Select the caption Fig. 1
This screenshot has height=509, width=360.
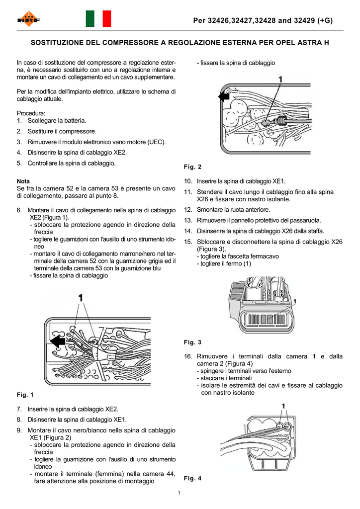pyautogui.click(x=25, y=395)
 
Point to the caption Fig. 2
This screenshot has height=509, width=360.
pyautogui.click(x=192, y=167)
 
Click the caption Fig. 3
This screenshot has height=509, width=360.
pyautogui.click(x=192, y=342)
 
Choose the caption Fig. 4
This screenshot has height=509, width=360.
pyautogui.click(x=192, y=478)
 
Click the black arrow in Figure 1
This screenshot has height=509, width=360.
pyautogui.click(x=58, y=340)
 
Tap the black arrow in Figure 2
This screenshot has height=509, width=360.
pyautogui.click(x=224, y=97)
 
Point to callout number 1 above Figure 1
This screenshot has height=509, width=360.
pyautogui.click(x=81, y=298)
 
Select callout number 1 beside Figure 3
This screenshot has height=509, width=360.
pyautogui.click(x=295, y=301)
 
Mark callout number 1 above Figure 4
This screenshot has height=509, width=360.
pyautogui.click(x=283, y=406)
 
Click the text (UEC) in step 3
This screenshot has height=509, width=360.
pyautogui.click(x=156, y=142)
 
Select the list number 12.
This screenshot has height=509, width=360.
pyautogui.click(x=188, y=210)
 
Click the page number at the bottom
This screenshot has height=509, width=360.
pyautogui.click(x=179, y=493)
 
